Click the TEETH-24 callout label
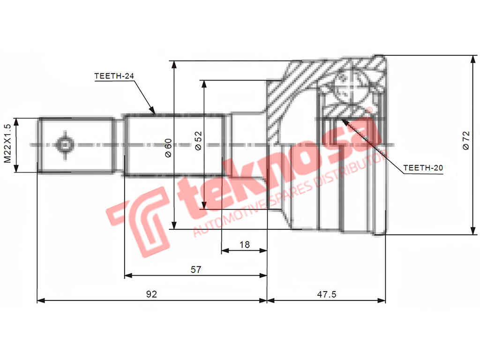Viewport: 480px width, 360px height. pyautogui.click(x=111, y=75)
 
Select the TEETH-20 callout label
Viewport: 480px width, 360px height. pyautogui.click(x=423, y=167)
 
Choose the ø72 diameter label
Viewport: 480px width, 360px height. pyautogui.click(x=465, y=141)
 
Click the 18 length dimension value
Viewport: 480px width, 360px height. pyautogui.click(x=244, y=244)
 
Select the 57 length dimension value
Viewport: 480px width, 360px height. pyautogui.click(x=196, y=270)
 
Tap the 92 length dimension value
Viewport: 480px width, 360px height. pyautogui.click(x=151, y=294)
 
